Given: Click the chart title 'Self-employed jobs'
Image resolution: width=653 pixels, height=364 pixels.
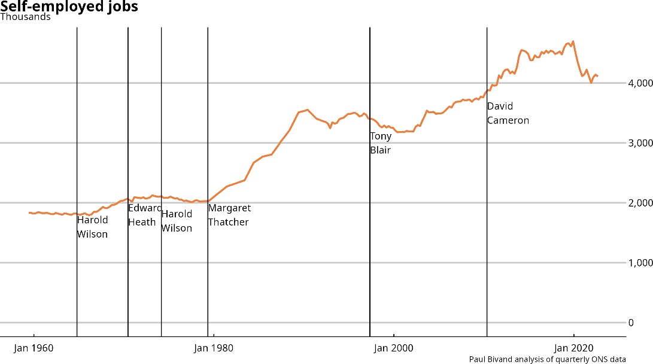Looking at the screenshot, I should [x=69, y=7].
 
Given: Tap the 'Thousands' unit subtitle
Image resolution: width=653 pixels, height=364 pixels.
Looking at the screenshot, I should [x=26, y=17].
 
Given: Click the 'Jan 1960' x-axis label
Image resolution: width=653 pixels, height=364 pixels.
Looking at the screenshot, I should [x=34, y=348].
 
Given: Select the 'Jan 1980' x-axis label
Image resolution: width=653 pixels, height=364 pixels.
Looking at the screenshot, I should [x=214, y=348].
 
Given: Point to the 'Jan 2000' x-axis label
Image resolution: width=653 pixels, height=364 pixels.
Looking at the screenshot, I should [x=393, y=348].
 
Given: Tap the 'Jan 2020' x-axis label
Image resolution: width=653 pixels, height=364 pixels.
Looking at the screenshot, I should [x=573, y=348].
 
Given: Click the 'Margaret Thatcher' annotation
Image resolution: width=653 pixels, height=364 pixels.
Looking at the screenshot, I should [x=229, y=215].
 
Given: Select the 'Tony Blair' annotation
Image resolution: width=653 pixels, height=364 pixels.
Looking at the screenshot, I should [x=381, y=143].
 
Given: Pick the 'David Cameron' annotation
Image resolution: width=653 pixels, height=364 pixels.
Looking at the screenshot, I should [x=508, y=113].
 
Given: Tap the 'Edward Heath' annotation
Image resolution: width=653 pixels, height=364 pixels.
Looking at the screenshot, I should [x=144, y=215].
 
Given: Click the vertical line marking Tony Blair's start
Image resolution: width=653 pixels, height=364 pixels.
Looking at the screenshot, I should [x=370, y=239].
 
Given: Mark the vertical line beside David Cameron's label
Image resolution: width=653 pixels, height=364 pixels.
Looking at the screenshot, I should [x=487, y=239].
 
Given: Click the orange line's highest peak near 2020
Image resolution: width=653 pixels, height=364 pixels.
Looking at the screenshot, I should [x=573, y=41].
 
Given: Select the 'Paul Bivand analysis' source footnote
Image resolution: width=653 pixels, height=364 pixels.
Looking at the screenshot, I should [x=548, y=359].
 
